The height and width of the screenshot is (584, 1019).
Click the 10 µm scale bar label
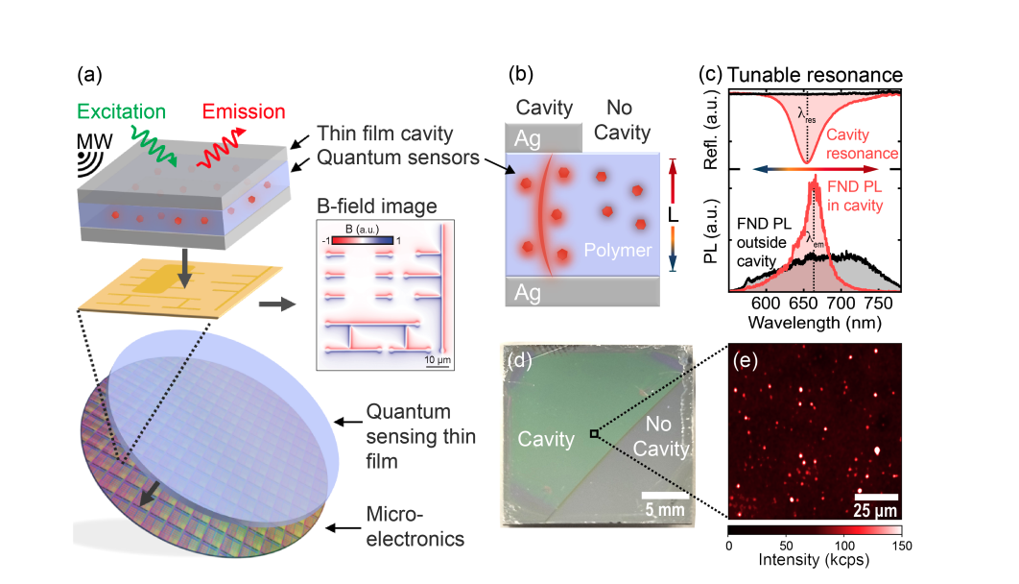(x=438, y=358)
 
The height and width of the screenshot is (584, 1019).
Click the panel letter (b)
(x=519, y=74)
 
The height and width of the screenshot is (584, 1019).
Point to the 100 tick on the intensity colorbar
(x=843, y=543)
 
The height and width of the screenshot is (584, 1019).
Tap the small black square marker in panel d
(x=595, y=434)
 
